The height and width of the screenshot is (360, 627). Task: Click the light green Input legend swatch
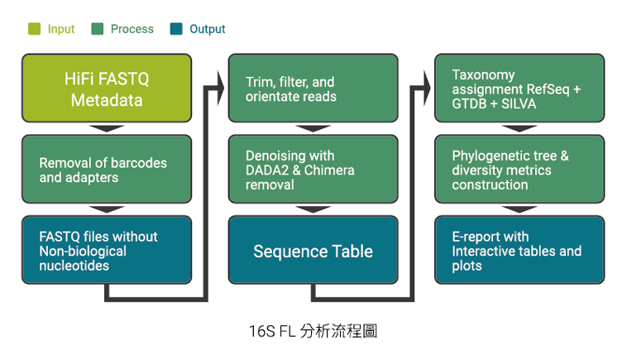click(35, 29)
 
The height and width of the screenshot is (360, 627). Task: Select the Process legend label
click(132, 29)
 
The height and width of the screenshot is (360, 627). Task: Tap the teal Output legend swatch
click(176, 29)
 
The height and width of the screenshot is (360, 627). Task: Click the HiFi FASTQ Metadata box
click(107, 89)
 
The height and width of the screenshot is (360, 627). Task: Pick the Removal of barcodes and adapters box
click(107, 170)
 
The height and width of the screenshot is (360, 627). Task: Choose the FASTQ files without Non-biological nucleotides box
click(107, 251)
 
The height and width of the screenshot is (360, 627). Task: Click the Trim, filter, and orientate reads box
click(313, 89)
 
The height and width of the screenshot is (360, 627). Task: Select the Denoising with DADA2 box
click(313, 170)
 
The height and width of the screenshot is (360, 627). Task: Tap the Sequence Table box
click(313, 251)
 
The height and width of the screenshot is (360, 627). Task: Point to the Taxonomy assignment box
click(519, 89)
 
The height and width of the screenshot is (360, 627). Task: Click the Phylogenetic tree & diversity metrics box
click(519, 170)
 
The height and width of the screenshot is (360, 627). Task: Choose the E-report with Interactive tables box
click(519, 251)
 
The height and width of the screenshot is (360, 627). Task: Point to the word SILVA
click(519, 104)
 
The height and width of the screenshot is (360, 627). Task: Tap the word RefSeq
click(553, 89)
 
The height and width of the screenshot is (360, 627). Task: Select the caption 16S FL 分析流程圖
click(313, 331)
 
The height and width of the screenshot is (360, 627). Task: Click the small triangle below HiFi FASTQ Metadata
click(107, 128)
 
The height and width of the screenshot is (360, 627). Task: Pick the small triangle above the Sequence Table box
click(313, 209)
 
